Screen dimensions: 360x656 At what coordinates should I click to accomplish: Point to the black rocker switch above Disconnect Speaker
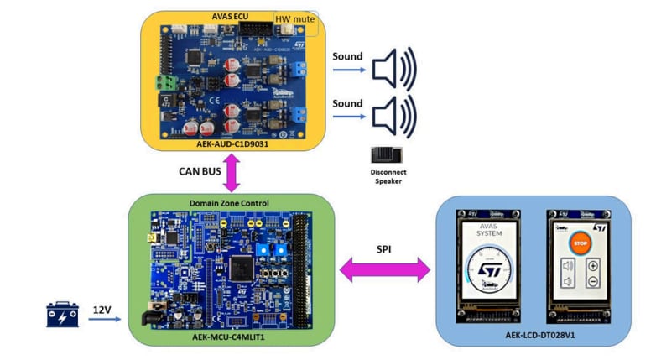[387, 155]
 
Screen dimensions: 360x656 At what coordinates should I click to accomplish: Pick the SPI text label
[384, 249]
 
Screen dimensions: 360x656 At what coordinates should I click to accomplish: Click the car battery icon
[63, 315]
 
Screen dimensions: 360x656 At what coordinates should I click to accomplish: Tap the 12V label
[102, 309]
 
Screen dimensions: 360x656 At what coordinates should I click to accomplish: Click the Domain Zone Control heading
[231, 203]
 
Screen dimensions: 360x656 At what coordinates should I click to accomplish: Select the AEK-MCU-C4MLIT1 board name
[231, 336]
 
